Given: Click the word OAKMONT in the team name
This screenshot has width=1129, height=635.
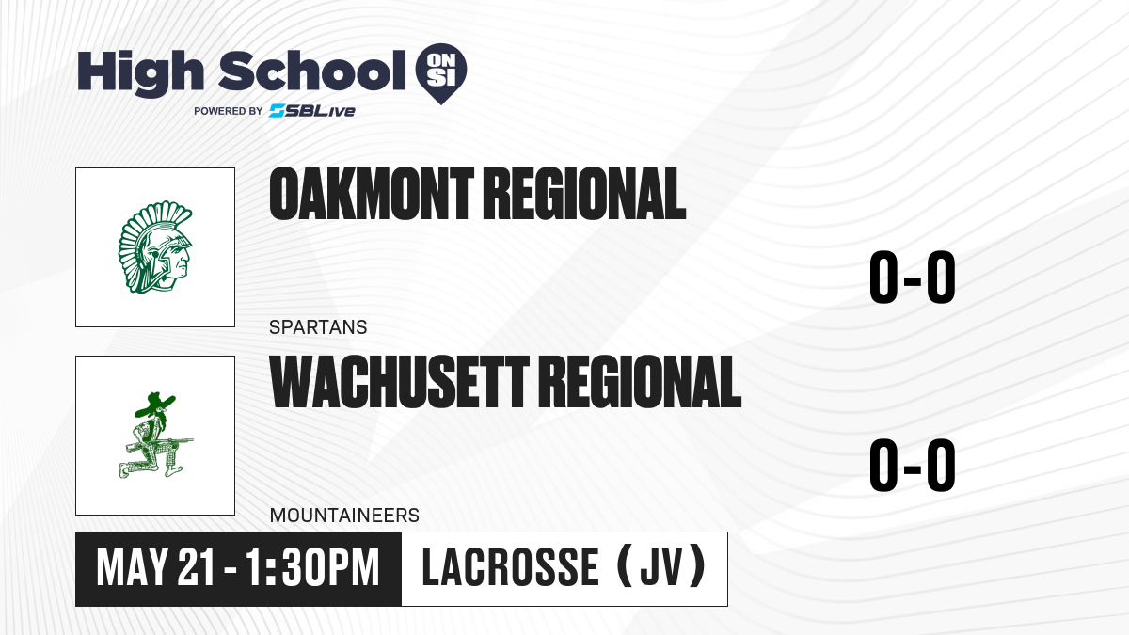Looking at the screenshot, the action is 372,194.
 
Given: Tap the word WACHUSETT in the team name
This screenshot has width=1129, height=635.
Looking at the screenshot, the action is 399,382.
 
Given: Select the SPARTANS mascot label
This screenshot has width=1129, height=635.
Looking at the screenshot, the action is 318,327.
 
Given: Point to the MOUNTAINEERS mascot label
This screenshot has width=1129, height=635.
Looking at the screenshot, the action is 344,516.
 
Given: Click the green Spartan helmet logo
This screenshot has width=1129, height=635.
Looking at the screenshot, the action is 155,246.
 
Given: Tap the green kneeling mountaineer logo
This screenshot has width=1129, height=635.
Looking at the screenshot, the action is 155,436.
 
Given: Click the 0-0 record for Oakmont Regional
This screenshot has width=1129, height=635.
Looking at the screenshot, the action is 913,277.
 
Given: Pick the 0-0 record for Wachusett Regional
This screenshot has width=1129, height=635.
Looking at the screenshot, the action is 913,465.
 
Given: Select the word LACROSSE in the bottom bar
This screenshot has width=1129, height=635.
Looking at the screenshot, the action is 510,568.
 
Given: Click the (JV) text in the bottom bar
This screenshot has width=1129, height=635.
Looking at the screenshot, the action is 661,566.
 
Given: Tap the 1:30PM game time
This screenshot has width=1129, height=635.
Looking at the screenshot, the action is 312,568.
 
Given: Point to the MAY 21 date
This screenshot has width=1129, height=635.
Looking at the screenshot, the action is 156,568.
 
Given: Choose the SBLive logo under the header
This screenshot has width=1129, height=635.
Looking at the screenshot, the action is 312,110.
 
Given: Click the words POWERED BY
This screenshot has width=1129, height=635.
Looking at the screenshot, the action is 229,111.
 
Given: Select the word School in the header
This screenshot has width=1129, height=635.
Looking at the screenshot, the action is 312,71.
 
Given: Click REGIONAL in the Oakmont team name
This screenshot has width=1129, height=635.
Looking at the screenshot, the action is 584,194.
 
